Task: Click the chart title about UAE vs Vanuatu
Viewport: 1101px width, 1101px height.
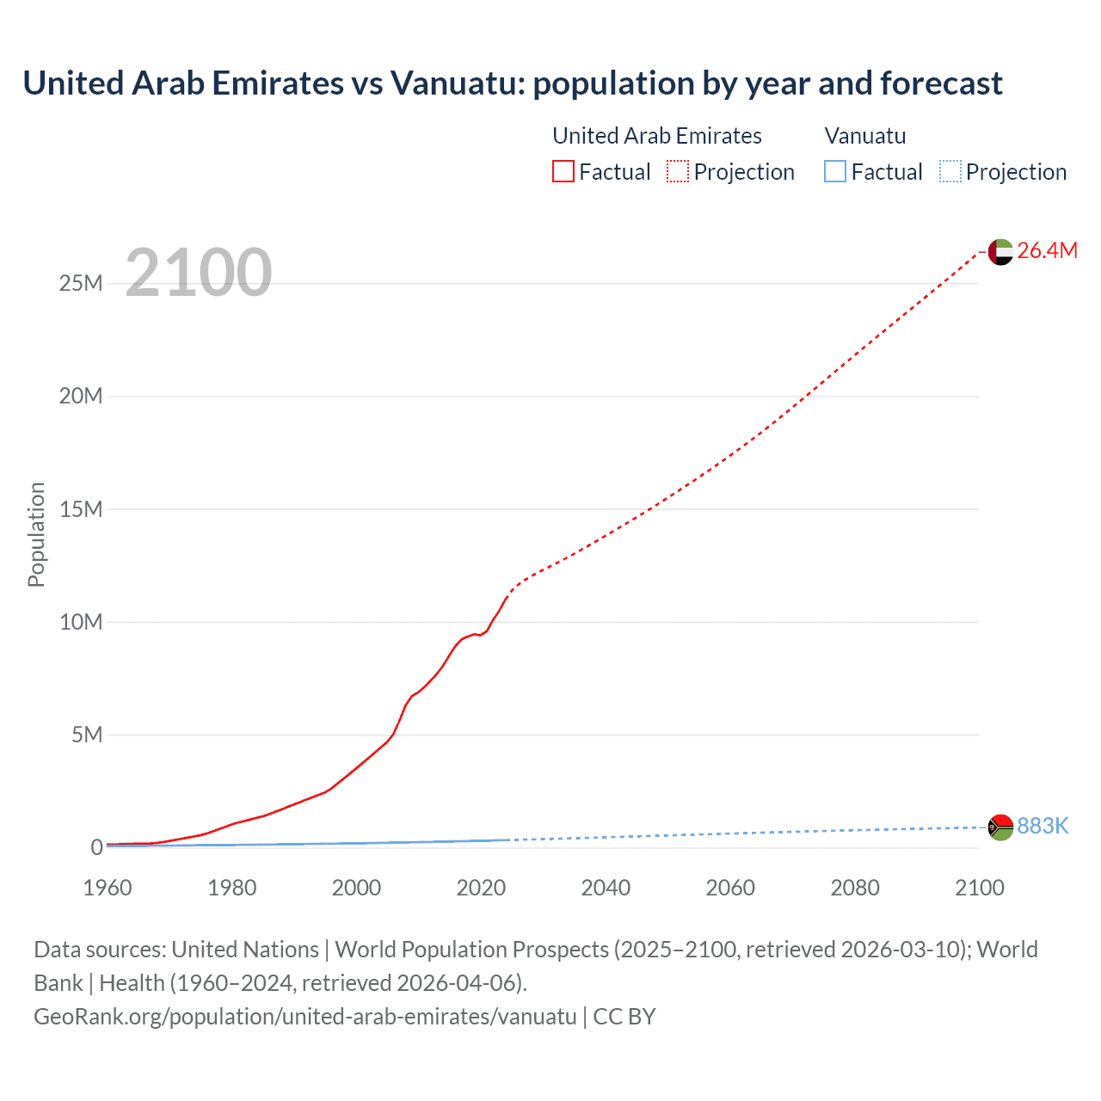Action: (x=513, y=83)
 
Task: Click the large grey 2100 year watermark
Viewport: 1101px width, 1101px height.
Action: (x=199, y=273)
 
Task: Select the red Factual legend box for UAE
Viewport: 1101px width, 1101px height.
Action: (x=563, y=171)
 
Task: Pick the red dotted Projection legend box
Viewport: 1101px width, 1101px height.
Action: (x=678, y=171)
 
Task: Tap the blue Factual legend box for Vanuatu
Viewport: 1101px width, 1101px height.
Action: (x=834, y=171)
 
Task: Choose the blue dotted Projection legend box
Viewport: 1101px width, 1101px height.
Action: (x=950, y=171)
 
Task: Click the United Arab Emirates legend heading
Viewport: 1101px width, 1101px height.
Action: (x=657, y=136)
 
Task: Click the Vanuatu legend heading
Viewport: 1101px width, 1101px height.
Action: (x=864, y=136)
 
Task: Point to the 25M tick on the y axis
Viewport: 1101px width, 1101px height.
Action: (x=81, y=283)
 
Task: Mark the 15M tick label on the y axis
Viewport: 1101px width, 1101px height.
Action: (x=81, y=509)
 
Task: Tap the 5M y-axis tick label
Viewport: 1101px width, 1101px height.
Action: (x=87, y=735)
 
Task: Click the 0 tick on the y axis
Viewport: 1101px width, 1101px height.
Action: (x=96, y=847)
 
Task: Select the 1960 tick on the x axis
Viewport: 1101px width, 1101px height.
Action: (x=108, y=888)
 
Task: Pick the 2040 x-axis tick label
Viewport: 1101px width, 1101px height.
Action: (x=606, y=888)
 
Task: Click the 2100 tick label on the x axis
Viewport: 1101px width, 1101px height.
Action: (x=979, y=888)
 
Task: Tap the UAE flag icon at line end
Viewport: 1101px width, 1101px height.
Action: (x=1000, y=252)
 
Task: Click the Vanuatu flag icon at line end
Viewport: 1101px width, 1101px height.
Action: (x=1000, y=827)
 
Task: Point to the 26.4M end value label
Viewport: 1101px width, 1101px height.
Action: (x=1047, y=250)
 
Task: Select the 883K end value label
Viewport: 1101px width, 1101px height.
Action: (x=1043, y=826)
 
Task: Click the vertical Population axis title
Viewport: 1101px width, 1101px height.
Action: (x=36, y=534)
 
